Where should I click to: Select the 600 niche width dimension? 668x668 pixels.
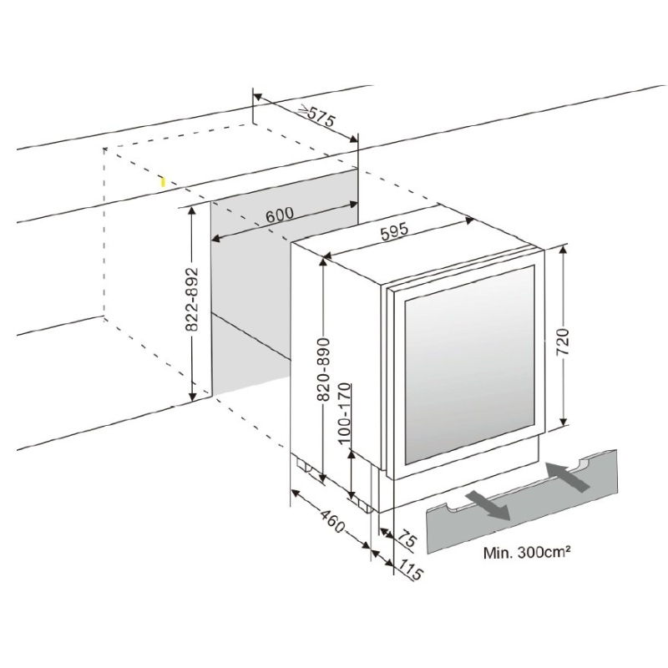(x=280, y=214)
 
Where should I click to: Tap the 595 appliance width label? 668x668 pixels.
(x=394, y=231)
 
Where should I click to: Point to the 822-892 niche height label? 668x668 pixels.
(x=193, y=299)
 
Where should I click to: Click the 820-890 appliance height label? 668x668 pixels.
(x=324, y=369)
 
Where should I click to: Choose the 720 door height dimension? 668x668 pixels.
(x=563, y=342)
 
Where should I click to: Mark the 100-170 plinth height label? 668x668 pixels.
(x=344, y=413)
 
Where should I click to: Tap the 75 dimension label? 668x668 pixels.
(x=407, y=539)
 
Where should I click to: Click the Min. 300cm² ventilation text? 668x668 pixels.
(x=527, y=552)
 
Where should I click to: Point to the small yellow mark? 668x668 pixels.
(x=162, y=182)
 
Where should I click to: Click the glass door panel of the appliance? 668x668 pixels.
(x=469, y=365)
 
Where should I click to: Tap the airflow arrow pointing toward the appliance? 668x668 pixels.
(x=568, y=477)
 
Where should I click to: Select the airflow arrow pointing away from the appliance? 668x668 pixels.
(x=488, y=505)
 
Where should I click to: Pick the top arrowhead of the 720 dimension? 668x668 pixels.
(x=563, y=250)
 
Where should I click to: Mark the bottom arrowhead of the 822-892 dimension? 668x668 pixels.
(x=193, y=397)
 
